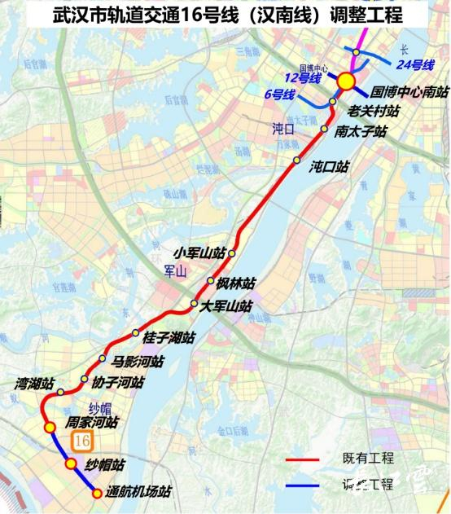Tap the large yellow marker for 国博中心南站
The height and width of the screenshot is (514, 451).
coord(345,81)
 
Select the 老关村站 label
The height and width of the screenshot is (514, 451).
coord(374,111)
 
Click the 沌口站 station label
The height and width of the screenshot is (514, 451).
coord(329,166)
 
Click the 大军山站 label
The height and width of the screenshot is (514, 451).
coord(227,306)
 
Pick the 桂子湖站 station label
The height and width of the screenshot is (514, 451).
coord(169,337)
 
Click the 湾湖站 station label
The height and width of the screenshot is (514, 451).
coord(35,383)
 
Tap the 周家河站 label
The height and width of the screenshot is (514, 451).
coord(92,423)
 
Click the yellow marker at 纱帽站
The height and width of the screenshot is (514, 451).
coord(72,464)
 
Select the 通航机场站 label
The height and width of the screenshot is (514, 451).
coord(139,491)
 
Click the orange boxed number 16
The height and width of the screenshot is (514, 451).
coord(81,440)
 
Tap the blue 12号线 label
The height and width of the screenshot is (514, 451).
coord(303,77)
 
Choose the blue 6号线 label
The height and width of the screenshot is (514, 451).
coord(279,94)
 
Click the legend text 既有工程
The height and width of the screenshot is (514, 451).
coord(366,460)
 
